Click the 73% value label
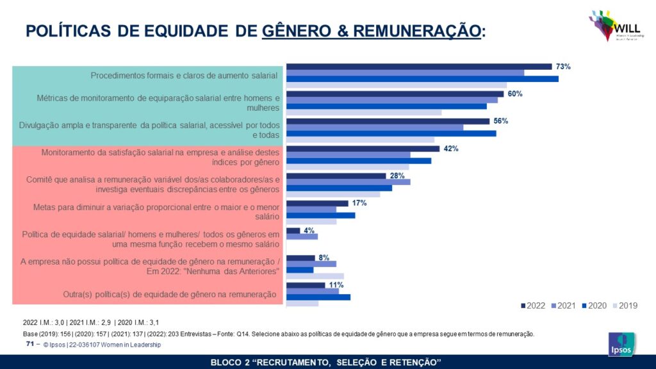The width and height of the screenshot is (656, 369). (x=562, y=66)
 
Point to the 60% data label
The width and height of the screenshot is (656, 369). (x=515, y=94)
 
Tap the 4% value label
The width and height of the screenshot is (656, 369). (x=309, y=230)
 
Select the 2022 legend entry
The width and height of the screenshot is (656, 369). (x=533, y=306)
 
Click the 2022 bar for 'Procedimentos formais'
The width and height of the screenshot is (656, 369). (x=419, y=66)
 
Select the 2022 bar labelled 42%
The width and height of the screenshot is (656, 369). (x=363, y=149)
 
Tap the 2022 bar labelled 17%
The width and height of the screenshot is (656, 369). (x=317, y=203)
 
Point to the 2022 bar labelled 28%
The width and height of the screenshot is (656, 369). (x=336, y=176)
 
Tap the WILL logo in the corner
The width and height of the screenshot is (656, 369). (x=612, y=26)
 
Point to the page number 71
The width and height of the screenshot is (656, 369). (x=29, y=344)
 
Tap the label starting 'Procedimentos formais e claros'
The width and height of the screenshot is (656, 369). (x=184, y=75)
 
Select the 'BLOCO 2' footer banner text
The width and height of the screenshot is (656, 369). (x=326, y=363)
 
